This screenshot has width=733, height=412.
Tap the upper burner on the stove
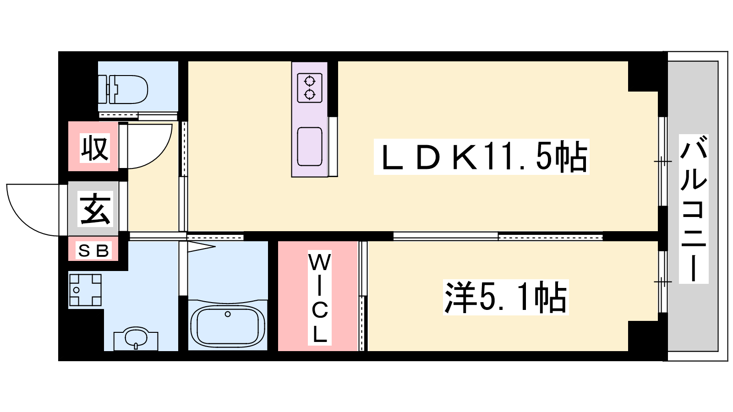point(310,81)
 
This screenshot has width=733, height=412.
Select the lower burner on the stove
point(310,94)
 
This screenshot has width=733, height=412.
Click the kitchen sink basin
point(310,146)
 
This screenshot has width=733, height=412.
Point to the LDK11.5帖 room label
point(481,157)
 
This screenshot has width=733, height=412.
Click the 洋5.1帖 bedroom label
point(506,297)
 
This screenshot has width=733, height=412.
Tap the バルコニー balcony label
point(694,209)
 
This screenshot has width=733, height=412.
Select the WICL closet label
point(319,298)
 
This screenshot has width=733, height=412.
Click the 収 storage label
point(94,149)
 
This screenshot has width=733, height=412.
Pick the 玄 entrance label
point(95,209)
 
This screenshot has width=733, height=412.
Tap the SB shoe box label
point(93,251)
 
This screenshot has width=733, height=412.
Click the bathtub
point(228,326)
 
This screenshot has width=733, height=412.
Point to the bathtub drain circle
point(228,314)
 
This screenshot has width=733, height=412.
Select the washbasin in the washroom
point(136,339)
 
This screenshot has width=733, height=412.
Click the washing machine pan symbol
point(85,290)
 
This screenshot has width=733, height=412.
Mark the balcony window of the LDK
point(662,162)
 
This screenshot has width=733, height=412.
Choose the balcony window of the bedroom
point(662,282)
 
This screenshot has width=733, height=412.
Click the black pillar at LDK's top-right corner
point(643,76)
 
